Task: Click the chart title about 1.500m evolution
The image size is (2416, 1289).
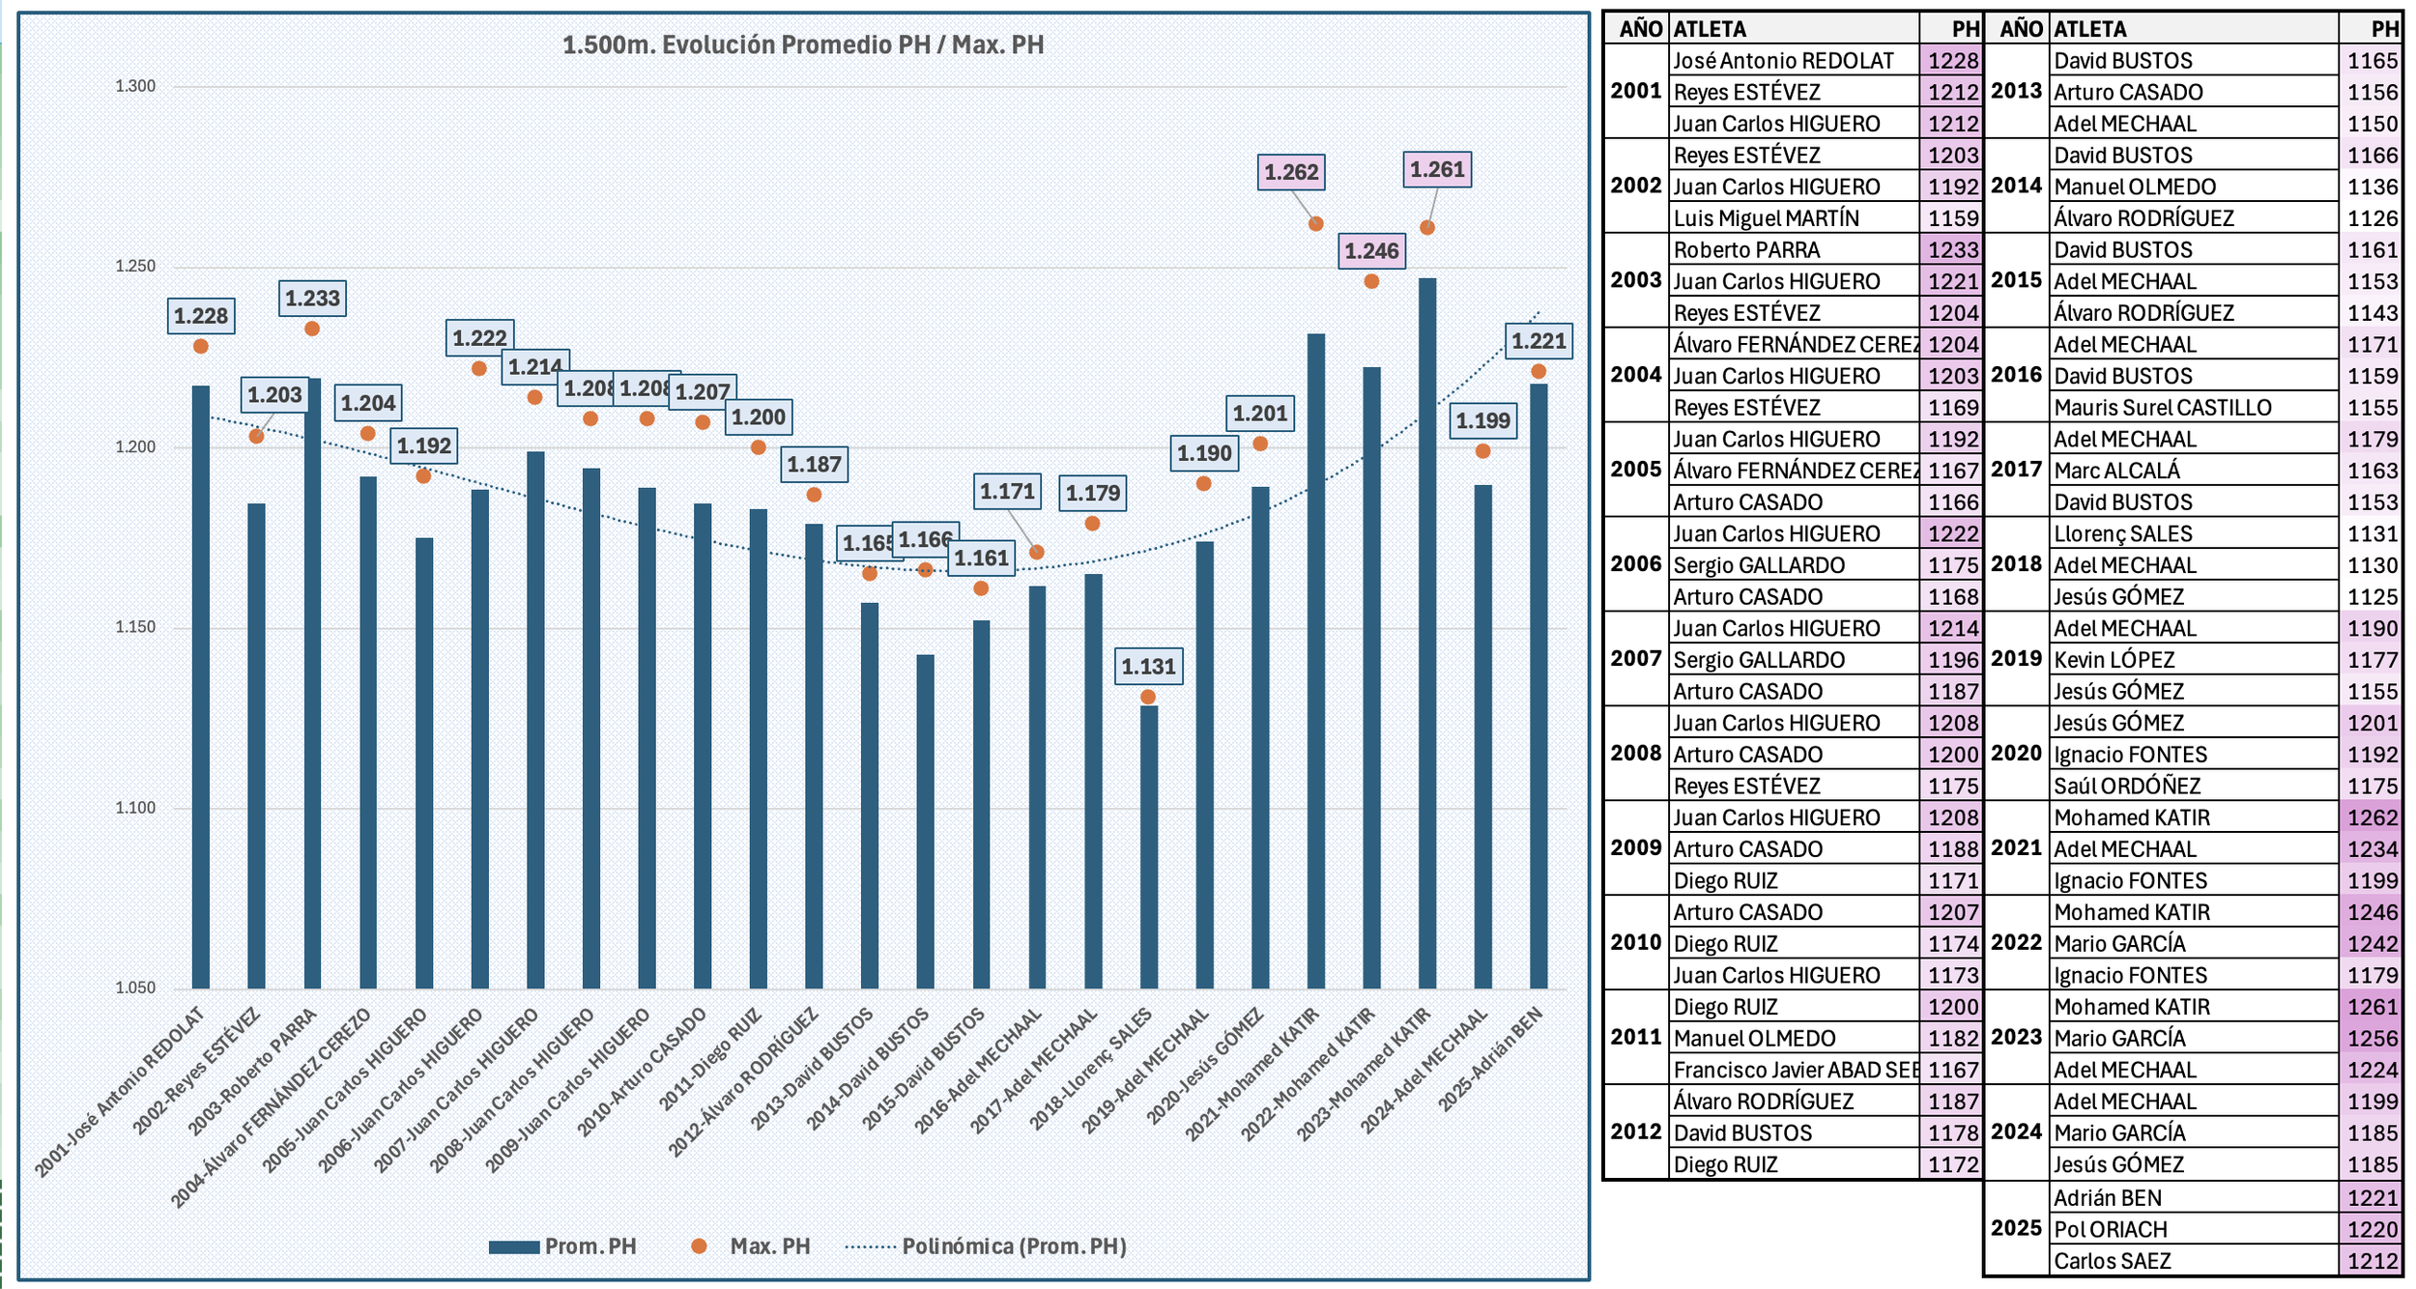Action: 802,44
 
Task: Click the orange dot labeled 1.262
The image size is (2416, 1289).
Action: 1315,224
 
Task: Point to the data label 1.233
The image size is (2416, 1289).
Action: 312,299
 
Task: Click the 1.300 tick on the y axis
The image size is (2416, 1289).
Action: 135,86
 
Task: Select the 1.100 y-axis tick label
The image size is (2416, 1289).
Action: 135,808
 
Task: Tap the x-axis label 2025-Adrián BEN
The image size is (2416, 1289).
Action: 1490,1059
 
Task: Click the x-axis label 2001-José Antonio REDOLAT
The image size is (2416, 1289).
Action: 121,1092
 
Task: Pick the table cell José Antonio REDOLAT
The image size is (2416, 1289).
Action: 1783,61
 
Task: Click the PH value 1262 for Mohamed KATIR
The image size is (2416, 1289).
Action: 2373,817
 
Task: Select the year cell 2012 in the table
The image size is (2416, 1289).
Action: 1635,1131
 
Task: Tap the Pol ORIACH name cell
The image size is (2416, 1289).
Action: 2111,1229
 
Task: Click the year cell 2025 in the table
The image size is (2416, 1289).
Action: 2016,1228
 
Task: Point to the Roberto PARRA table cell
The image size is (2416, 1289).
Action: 1746,250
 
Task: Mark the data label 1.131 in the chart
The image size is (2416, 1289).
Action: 1148,667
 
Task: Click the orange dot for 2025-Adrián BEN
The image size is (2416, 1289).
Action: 1539,372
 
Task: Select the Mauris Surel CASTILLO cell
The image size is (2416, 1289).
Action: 2163,408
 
